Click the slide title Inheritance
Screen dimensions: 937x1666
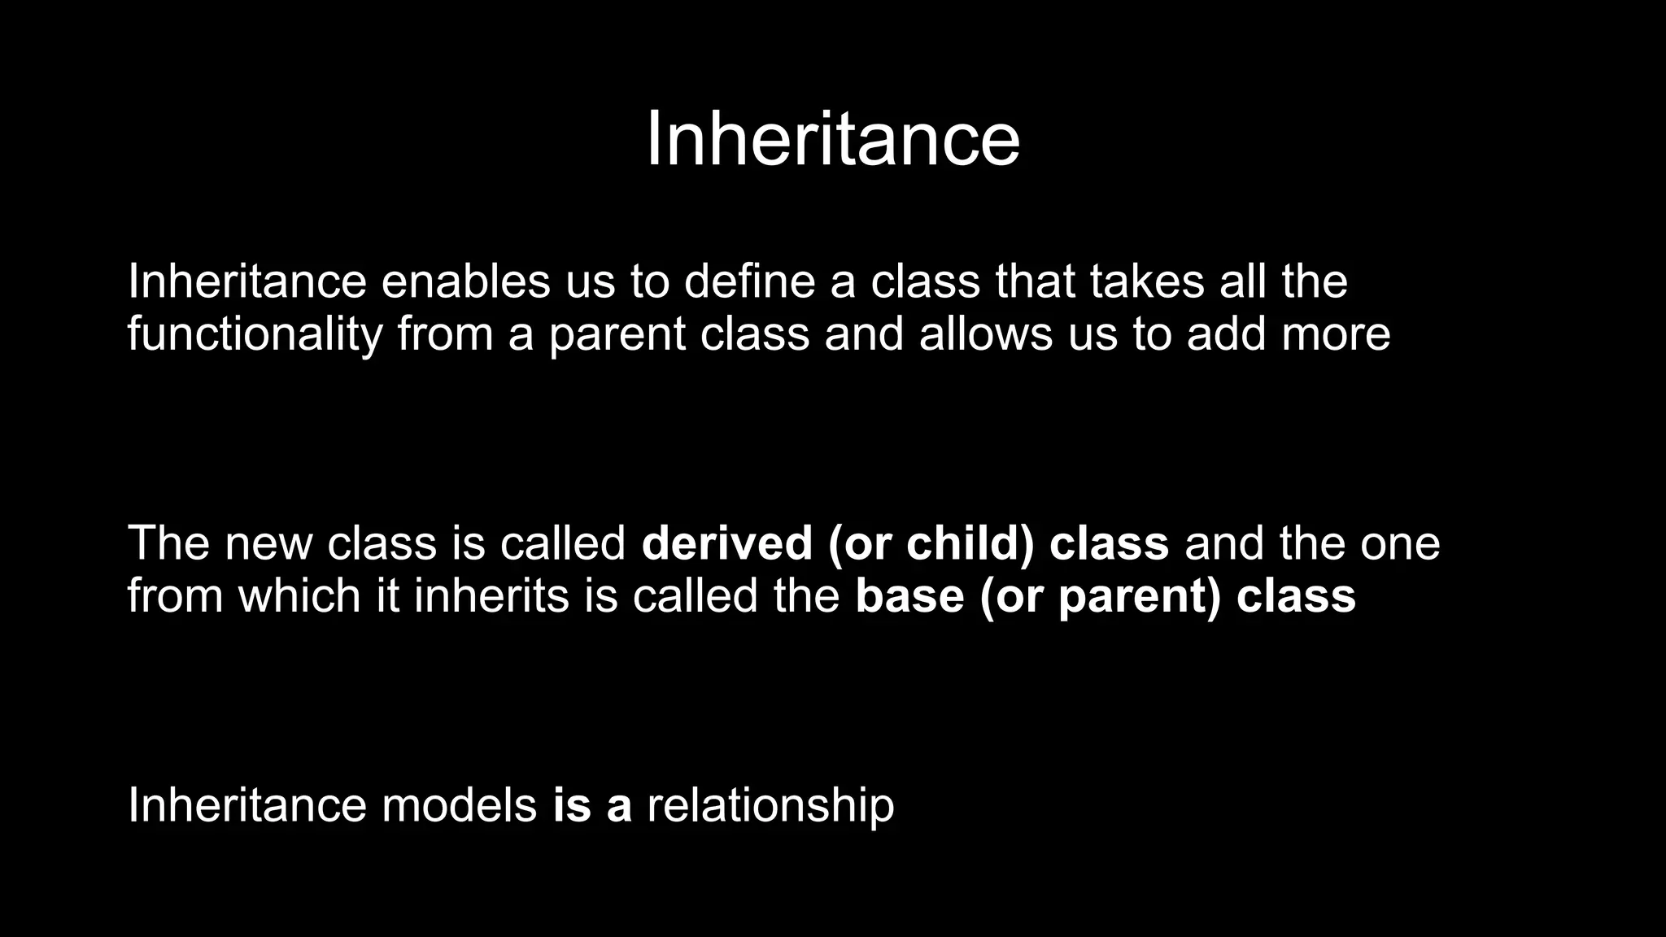click(x=832, y=140)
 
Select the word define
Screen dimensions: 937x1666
click(x=749, y=281)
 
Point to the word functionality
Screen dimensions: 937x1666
click(x=255, y=335)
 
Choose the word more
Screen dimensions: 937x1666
click(x=1336, y=335)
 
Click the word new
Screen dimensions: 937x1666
click(x=268, y=543)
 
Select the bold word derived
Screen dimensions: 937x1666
click(x=726, y=543)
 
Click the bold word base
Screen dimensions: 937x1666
click(x=909, y=596)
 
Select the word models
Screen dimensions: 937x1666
click(x=459, y=805)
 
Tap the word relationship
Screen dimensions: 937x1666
click(x=770, y=807)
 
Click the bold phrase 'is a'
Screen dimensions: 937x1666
click(x=592, y=805)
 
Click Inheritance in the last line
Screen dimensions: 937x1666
click(x=247, y=805)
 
